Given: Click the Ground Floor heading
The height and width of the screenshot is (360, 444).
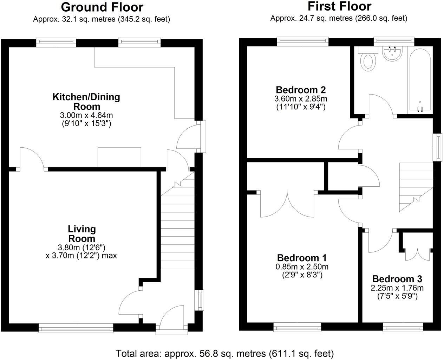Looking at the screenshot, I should point(102,7).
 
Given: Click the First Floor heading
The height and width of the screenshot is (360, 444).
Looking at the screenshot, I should point(339,6).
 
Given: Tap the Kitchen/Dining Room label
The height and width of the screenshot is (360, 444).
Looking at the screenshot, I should point(86,101).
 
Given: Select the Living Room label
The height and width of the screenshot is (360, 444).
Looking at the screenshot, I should point(81,233).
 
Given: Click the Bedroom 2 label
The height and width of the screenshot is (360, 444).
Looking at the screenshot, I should point(301,90).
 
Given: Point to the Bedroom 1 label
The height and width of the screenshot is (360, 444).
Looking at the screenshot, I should point(302,258).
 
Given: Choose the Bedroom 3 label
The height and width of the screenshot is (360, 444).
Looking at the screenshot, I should point(397,279).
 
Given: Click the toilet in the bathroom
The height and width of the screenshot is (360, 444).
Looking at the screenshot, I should point(368,60).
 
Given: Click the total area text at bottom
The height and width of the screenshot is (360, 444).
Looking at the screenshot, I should point(225,353).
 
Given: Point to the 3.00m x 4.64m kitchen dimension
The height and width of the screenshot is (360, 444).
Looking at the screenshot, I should point(86,115).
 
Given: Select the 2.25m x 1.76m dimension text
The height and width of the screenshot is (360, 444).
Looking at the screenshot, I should point(397,288).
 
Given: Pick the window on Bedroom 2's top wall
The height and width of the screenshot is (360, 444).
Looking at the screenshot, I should point(303,41).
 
